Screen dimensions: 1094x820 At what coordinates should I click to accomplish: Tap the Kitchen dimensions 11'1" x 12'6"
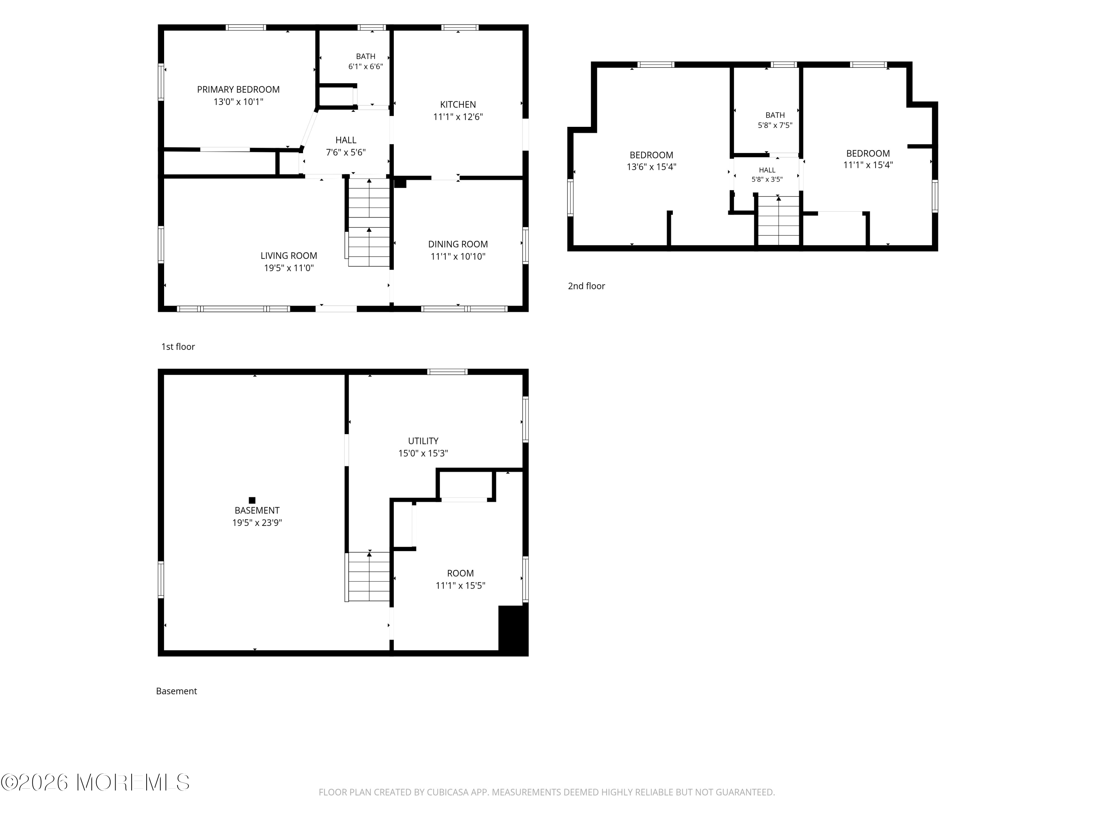click(x=458, y=117)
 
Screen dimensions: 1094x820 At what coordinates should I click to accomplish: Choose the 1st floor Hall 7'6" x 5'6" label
click(x=346, y=146)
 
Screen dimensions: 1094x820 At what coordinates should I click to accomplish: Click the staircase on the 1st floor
click(x=368, y=222)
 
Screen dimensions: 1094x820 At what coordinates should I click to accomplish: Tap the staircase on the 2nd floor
click(x=779, y=220)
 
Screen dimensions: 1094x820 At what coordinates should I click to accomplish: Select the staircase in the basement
click(x=368, y=576)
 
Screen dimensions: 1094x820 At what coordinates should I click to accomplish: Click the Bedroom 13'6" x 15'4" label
click(x=651, y=161)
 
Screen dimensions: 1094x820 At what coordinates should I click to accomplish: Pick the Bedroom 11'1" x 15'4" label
click(x=868, y=159)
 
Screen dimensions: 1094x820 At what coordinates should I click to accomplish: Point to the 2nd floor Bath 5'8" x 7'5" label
click(x=775, y=120)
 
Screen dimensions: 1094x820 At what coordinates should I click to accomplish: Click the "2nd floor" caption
click(x=586, y=286)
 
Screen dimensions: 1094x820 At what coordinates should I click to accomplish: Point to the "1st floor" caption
click(x=178, y=347)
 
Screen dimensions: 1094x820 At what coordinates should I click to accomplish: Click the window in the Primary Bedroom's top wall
click(x=246, y=28)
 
